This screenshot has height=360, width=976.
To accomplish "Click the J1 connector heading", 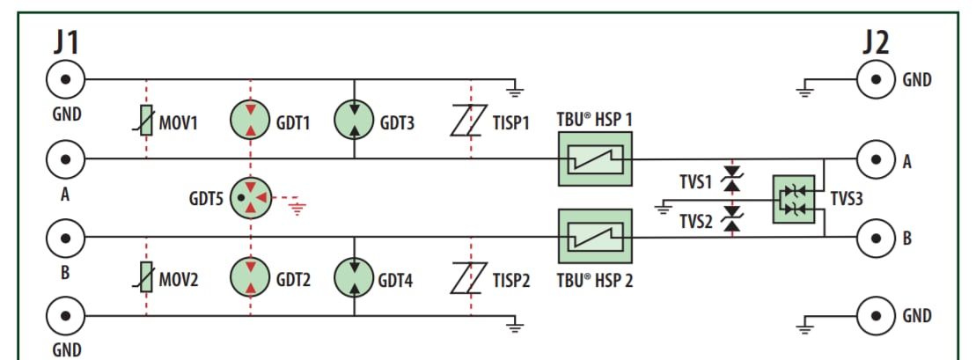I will (65, 41).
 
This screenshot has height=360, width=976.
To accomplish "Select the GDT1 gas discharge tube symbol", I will (251, 121).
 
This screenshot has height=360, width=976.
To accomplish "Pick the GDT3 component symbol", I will (354, 121).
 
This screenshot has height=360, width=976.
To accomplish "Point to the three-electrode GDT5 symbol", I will (251, 200).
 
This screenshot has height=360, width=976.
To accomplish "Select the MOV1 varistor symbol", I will (146, 121).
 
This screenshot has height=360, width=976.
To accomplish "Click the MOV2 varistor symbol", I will (146, 279).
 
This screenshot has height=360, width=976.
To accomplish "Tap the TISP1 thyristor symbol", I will (470, 121).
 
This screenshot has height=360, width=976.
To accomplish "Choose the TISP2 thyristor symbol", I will (470, 279).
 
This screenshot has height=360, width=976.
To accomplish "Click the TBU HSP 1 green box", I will (596, 159).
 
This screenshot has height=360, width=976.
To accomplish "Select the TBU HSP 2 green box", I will (596, 236).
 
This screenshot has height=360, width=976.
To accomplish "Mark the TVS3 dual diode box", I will (794, 199).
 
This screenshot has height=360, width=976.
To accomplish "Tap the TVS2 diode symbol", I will (729, 221).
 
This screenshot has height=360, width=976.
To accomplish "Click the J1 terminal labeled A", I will (65, 159).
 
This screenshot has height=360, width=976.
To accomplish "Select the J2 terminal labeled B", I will (877, 237).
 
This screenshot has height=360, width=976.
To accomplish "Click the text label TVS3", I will (847, 199).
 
